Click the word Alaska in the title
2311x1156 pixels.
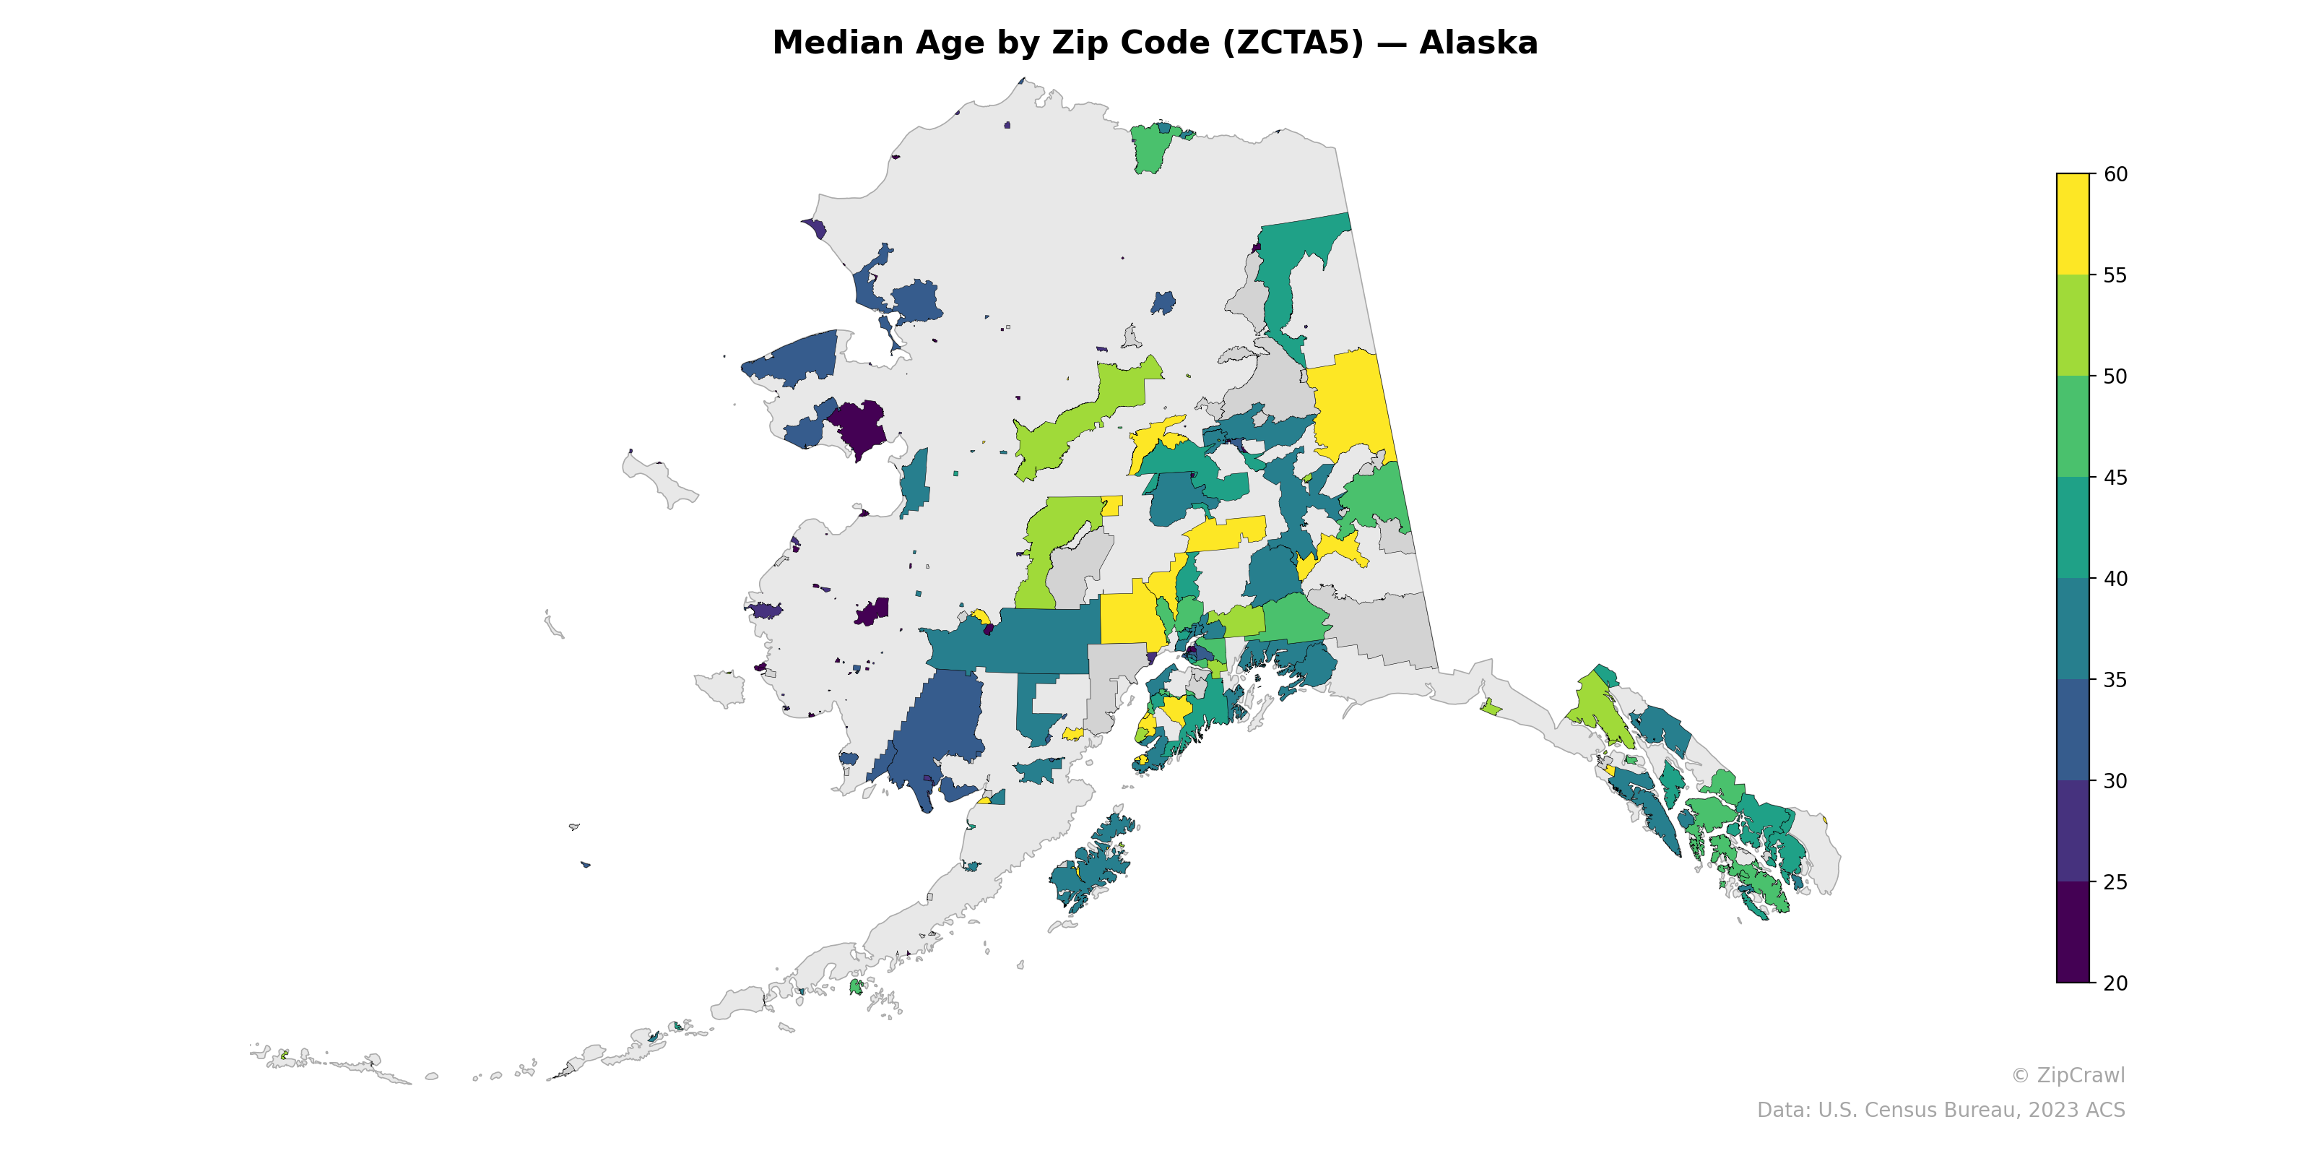[1478, 43]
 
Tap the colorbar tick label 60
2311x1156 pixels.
[2115, 174]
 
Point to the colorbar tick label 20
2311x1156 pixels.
[2115, 983]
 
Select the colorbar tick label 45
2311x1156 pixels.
[2115, 478]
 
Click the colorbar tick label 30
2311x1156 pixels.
[2115, 781]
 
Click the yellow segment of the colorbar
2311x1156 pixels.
[2073, 225]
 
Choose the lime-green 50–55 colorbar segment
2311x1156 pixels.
[2073, 325]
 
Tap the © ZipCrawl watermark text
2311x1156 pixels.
[2068, 1075]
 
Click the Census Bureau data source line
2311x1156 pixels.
[1941, 1110]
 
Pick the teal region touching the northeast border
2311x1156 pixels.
[1292, 260]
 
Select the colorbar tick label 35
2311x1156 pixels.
[2115, 679]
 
